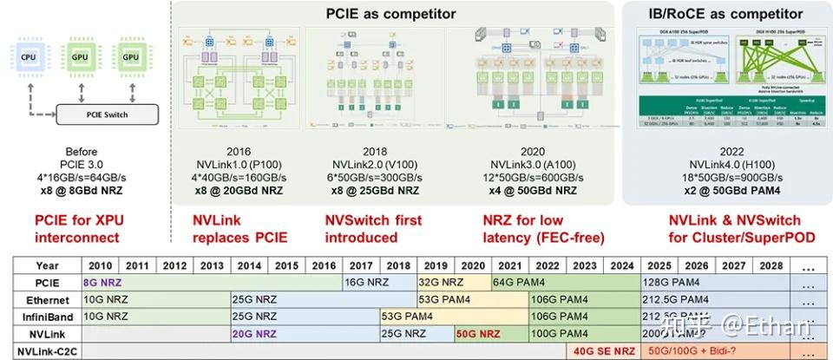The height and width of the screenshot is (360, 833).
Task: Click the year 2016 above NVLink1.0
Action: pos(238,150)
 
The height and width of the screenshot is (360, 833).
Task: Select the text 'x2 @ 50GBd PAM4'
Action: pos(725,190)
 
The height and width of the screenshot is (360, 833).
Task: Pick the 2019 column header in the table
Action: pos(436,265)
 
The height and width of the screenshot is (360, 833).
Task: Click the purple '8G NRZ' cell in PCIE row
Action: pos(102,282)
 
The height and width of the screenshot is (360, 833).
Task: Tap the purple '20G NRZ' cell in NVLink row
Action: pos(254,334)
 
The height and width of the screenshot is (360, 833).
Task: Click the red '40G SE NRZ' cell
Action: pos(604,351)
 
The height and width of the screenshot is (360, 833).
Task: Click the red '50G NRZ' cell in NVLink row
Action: pos(478,334)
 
